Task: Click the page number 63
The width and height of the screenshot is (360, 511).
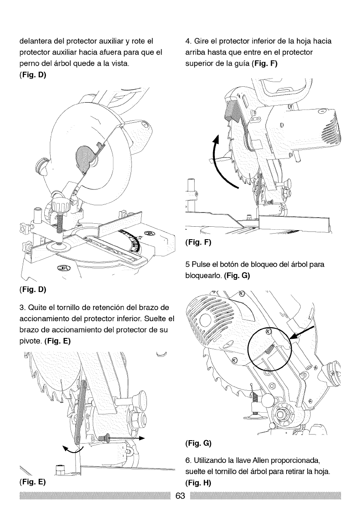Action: [x=180, y=497]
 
